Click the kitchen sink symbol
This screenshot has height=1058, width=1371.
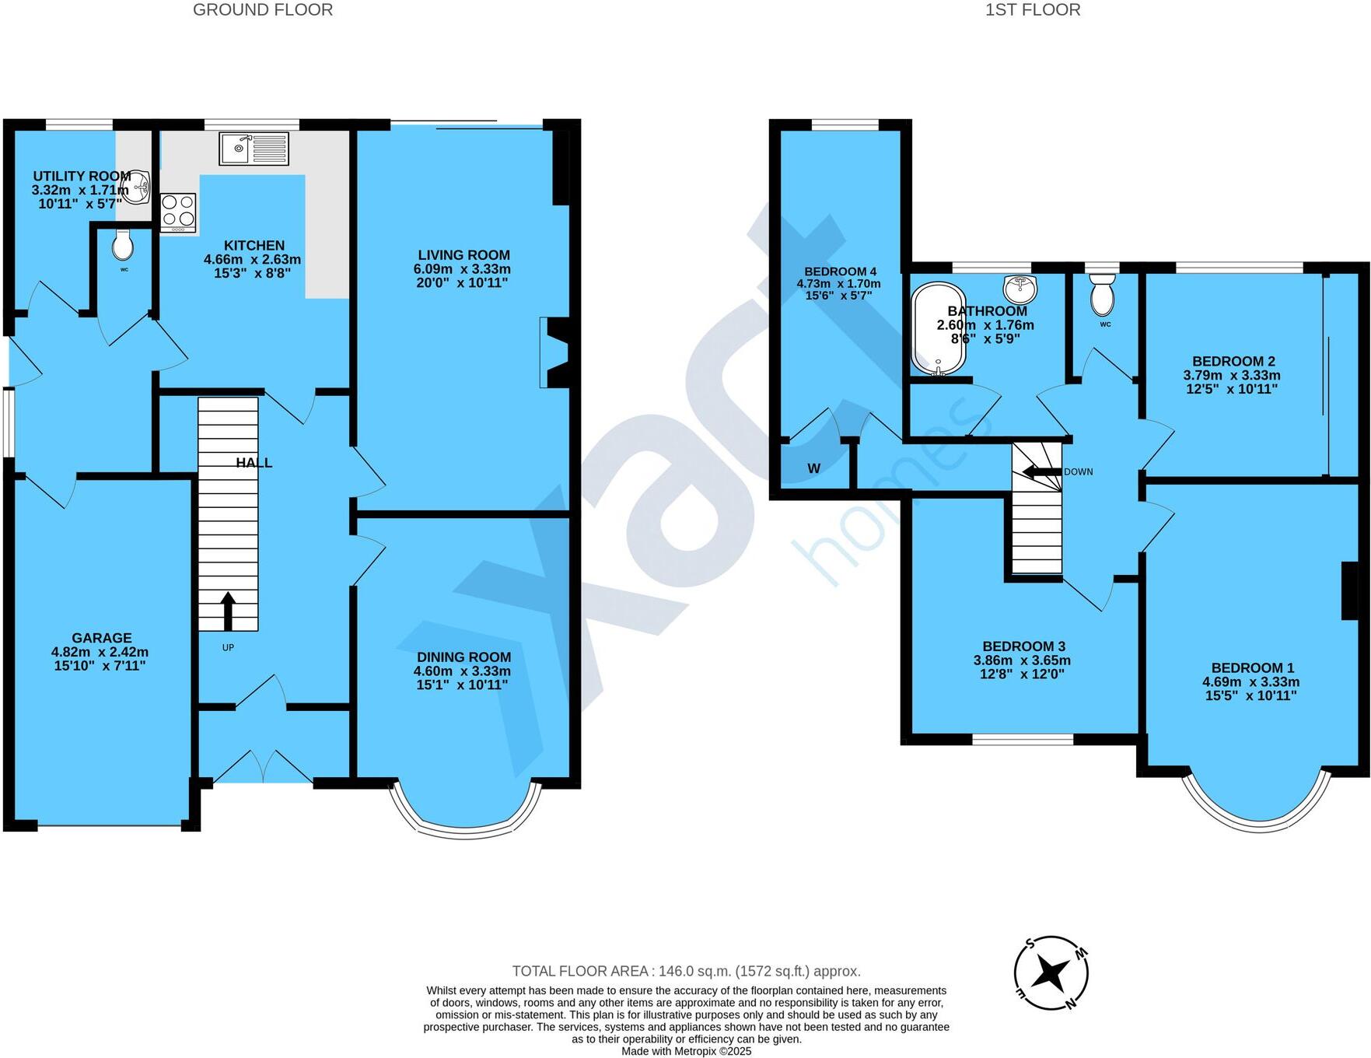tap(254, 149)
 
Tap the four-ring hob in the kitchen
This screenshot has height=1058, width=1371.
tap(178, 212)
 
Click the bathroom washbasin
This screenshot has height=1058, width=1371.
tap(1020, 289)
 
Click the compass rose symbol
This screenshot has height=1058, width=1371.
tap(1051, 972)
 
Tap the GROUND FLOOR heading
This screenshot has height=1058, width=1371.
tap(263, 10)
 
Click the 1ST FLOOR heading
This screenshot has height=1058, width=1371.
tap(1032, 10)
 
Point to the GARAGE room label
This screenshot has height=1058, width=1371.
tap(102, 638)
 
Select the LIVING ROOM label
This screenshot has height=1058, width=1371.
tap(463, 255)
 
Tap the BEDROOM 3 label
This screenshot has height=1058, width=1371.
tap(1023, 646)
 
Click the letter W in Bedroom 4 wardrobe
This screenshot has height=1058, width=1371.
tap(813, 468)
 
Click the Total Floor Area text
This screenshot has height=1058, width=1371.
tap(686, 971)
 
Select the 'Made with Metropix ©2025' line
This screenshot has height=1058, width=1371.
tap(686, 1051)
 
